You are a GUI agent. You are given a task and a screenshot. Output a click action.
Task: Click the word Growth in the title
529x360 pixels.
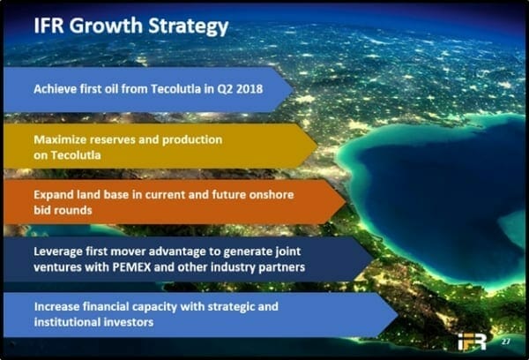[x=106, y=26]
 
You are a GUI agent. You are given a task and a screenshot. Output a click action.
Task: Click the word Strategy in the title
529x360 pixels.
[x=189, y=26]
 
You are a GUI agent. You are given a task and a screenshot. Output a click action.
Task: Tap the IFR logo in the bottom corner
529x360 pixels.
[x=473, y=341]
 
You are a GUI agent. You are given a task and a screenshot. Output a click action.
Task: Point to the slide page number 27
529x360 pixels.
[x=505, y=341]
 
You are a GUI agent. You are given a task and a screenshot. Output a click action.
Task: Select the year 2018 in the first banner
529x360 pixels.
[x=250, y=89]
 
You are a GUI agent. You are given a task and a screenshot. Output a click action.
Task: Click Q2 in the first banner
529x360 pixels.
[x=225, y=89]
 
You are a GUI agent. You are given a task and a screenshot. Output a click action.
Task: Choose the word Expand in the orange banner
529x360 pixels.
[x=54, y=195]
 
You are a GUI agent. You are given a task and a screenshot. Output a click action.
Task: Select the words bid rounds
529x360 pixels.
[x=63, y=210]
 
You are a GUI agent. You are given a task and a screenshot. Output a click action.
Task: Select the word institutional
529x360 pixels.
[x=67, y=322]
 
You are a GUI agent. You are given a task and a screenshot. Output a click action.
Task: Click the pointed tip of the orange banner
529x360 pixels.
[x=346, y=202]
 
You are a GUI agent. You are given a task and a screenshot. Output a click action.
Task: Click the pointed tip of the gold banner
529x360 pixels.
[x=317, y=146]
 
